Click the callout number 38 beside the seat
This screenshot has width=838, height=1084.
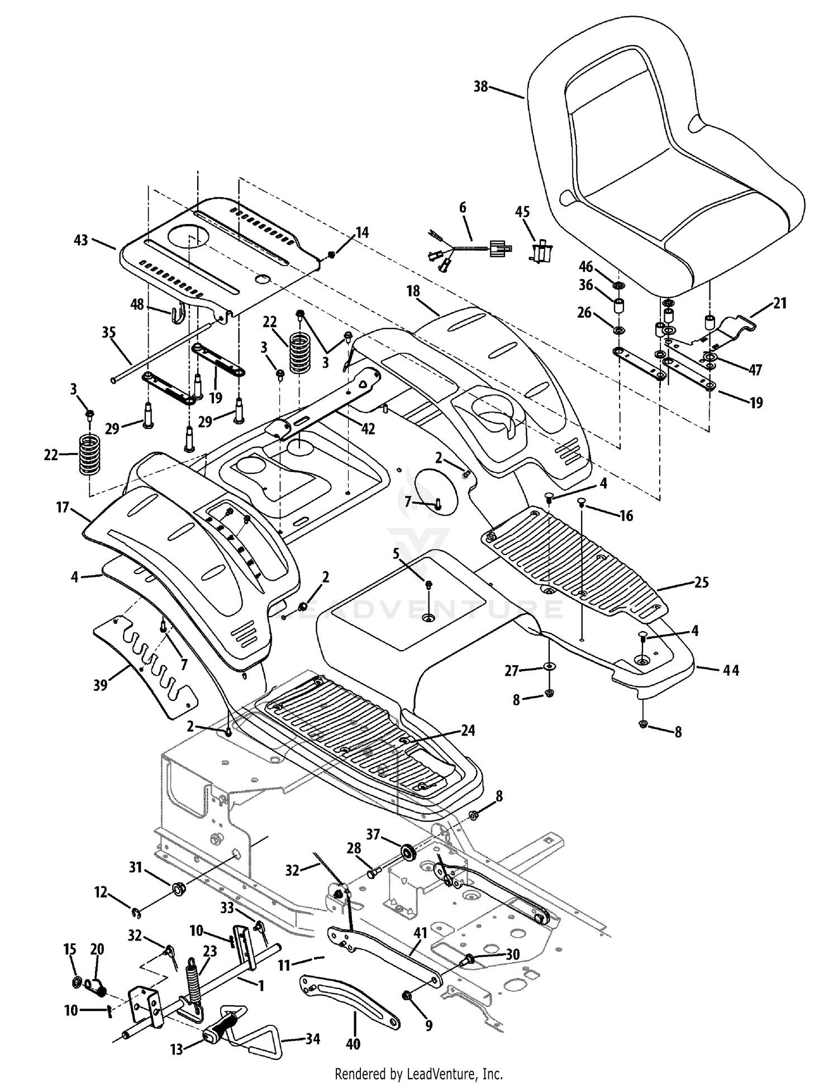click(480, 87)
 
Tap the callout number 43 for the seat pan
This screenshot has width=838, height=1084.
click(81, 240)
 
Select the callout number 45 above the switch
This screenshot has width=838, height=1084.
click(522, 212)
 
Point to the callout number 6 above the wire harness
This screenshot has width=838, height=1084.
click(463, 208)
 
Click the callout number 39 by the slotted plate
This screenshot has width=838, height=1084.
click(101, 685)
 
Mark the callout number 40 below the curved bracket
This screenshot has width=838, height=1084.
click(353, 1043)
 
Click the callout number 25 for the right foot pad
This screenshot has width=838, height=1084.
click(701, 582)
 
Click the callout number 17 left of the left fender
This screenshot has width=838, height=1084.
click(62, 507)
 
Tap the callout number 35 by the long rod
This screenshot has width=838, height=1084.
click(108, 333)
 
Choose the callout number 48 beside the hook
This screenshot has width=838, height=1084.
click(137, 304)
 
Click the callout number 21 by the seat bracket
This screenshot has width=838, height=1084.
click(780, 303)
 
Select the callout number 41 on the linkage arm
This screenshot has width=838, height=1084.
click(420, 933)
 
